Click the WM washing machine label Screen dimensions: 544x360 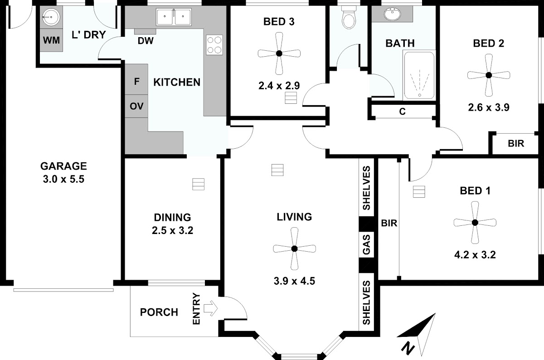point(51,40)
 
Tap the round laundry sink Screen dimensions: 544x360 point(51,17)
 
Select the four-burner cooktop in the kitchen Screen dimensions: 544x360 point(214,45)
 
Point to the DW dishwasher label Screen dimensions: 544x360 point(146,41)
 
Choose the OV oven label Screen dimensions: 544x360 point(136,106)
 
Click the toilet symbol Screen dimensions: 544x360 point(349,17)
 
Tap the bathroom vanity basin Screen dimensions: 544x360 point(393,14)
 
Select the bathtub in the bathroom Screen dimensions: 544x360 point(419,75)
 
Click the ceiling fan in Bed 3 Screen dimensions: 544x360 point(279,54)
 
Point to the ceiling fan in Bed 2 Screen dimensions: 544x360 point(489,75)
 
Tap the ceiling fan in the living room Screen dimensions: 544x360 point(294,248)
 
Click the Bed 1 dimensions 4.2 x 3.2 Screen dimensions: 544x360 point(475,255)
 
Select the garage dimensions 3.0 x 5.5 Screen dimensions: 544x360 point(63,179)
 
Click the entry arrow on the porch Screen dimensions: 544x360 point(210,308)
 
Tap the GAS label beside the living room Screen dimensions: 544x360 point(366,244)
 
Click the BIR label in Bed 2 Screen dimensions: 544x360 point(516,144)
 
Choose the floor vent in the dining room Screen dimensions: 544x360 point(198,184)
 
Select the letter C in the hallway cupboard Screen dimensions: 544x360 point(403,112)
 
